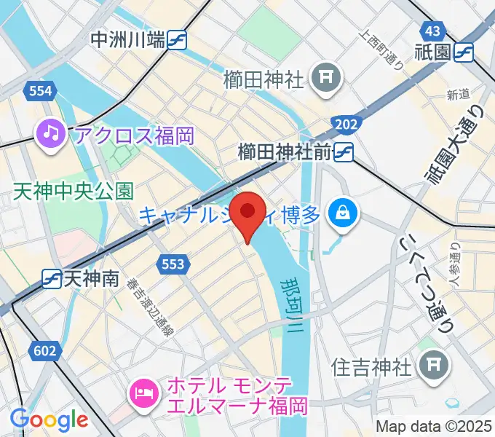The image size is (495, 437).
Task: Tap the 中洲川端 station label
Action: pos(127,40)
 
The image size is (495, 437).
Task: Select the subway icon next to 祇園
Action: pos(463,52)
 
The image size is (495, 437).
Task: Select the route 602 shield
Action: pos(44,351)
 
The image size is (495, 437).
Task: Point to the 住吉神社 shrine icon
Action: pos(435,362)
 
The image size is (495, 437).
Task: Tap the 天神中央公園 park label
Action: pos(73,192)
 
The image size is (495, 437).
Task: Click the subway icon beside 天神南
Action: pos(52,277)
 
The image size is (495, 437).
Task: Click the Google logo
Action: pos(49,419)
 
